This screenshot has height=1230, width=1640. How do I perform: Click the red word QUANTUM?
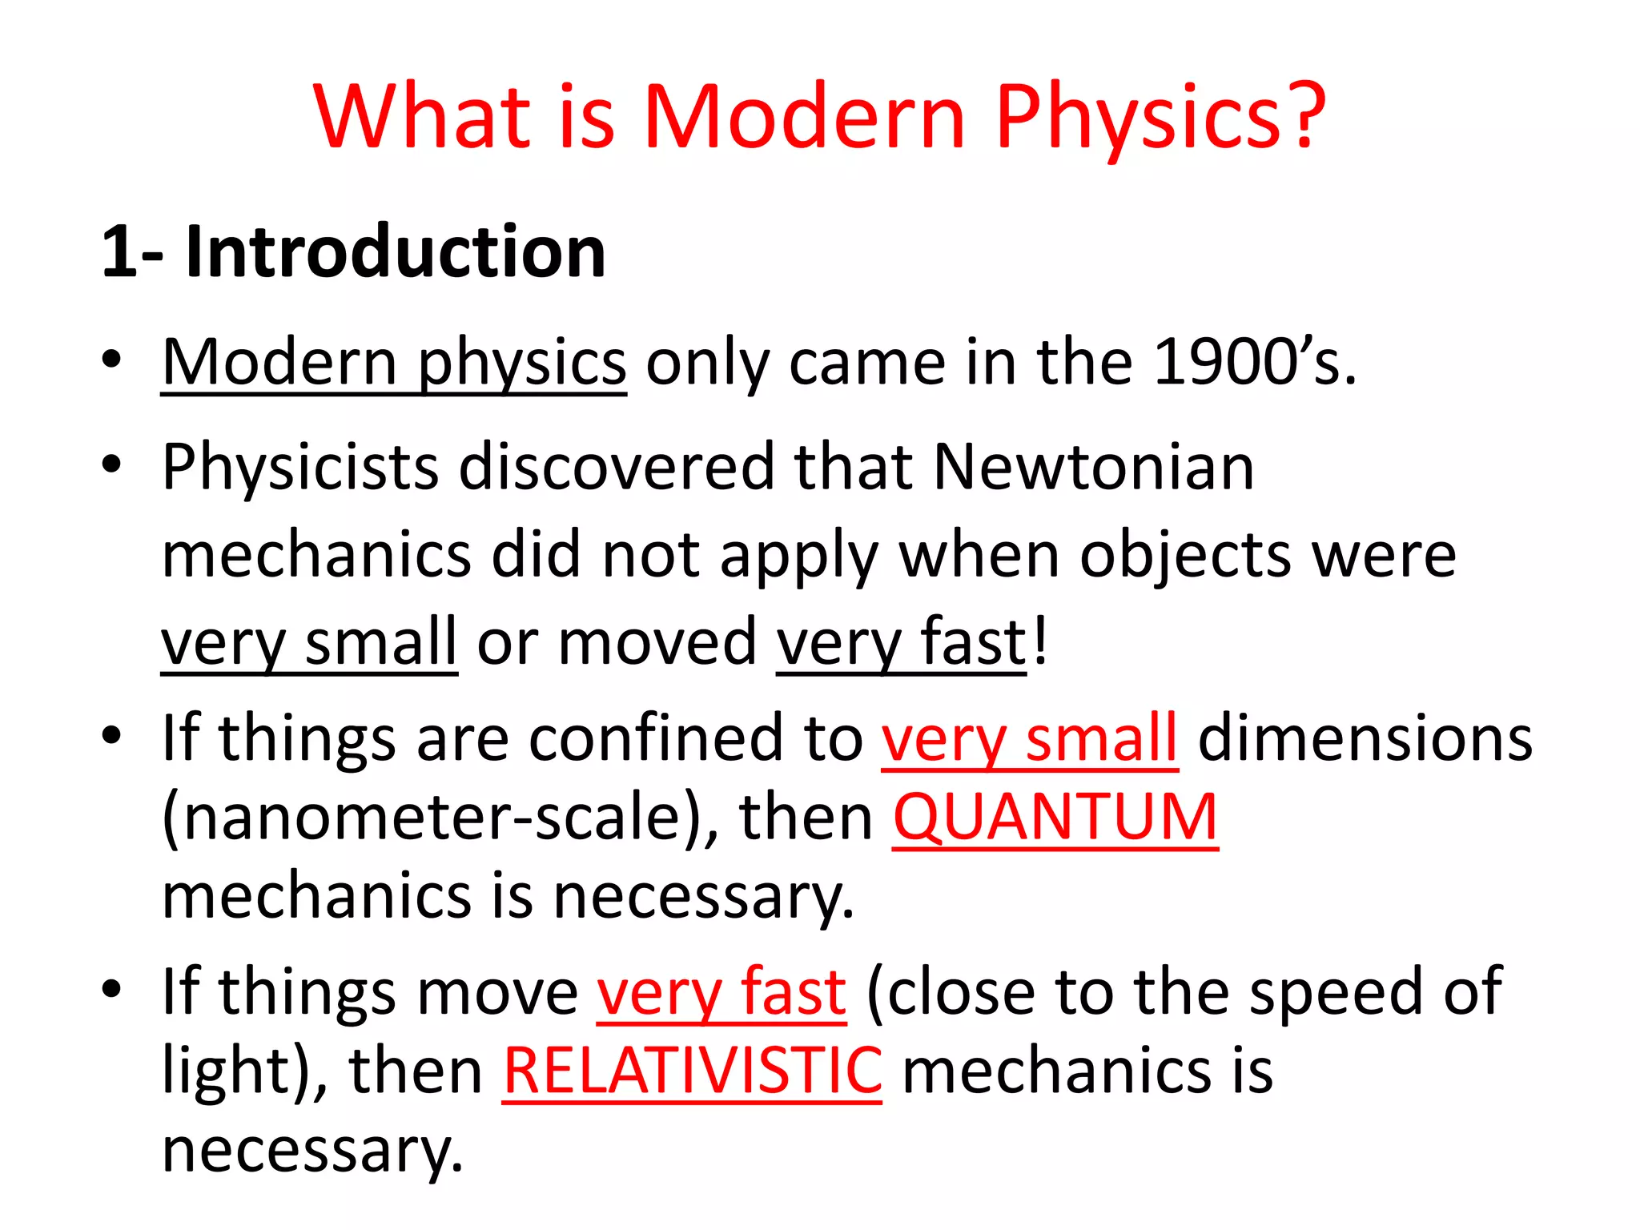click(x=1055, y=817)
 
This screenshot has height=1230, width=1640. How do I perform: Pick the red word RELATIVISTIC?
click(x=693, y=1071)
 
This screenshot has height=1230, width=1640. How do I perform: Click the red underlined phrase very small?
click(x=1030, y=738)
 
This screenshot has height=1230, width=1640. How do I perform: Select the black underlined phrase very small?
click(x=309, y=642)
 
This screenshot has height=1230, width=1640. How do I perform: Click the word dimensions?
click(x=1365, y=738)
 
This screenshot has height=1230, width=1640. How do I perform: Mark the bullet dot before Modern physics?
click(x=112, y=360)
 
